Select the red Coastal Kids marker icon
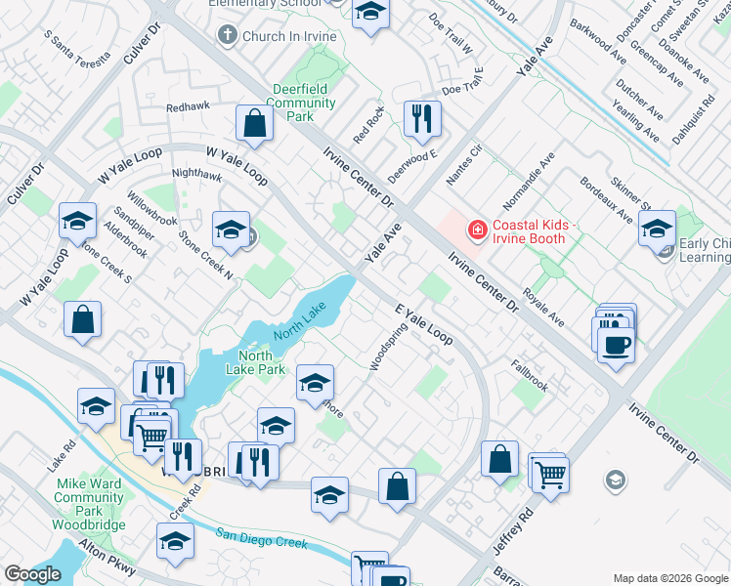[x=478, y=230]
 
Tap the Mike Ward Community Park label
[x=89, y=496]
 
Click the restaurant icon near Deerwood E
[x=422, y=119]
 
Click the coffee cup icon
[x=616, y=344]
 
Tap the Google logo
[x=33, y=574]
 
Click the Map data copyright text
[x=668, y=577]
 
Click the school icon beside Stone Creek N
[x=231, y=230]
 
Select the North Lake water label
[x=299, y=320]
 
